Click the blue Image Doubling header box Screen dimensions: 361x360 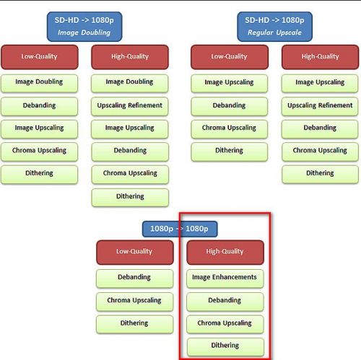[x=84, y=27]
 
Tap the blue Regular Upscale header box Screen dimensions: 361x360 [x=274, y=27]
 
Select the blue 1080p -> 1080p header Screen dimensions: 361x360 [x=180, y=229]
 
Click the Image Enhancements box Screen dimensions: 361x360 [x=225, y=278]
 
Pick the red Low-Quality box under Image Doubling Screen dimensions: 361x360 [x=40, y=57]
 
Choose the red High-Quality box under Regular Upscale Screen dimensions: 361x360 [x=320, y=57]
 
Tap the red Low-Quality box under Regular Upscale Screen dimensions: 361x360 [x=230, y=57]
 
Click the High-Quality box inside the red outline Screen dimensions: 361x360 [x=225, y=253]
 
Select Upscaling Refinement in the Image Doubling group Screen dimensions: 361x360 [x=130, y=106]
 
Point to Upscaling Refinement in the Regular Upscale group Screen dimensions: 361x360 [x=320, y=106]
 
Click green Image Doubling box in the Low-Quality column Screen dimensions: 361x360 [x=39, y=83]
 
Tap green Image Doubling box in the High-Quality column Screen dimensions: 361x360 [x=130, y=83]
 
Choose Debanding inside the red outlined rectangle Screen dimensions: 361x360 [x=225, y=302]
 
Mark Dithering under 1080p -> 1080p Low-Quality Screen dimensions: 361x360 [x=134, y=324]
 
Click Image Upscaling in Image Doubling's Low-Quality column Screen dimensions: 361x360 [x=39, y=129]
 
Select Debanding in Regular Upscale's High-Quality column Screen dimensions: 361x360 [x=320, y=129]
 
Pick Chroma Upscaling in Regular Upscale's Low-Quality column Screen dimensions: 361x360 [x=230, y=129]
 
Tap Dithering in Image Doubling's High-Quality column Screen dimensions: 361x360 [x=130, y=198]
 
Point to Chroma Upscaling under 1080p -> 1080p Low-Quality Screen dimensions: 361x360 [x=134, y=302]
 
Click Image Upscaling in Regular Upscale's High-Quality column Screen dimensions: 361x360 [x=320, y=83]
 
